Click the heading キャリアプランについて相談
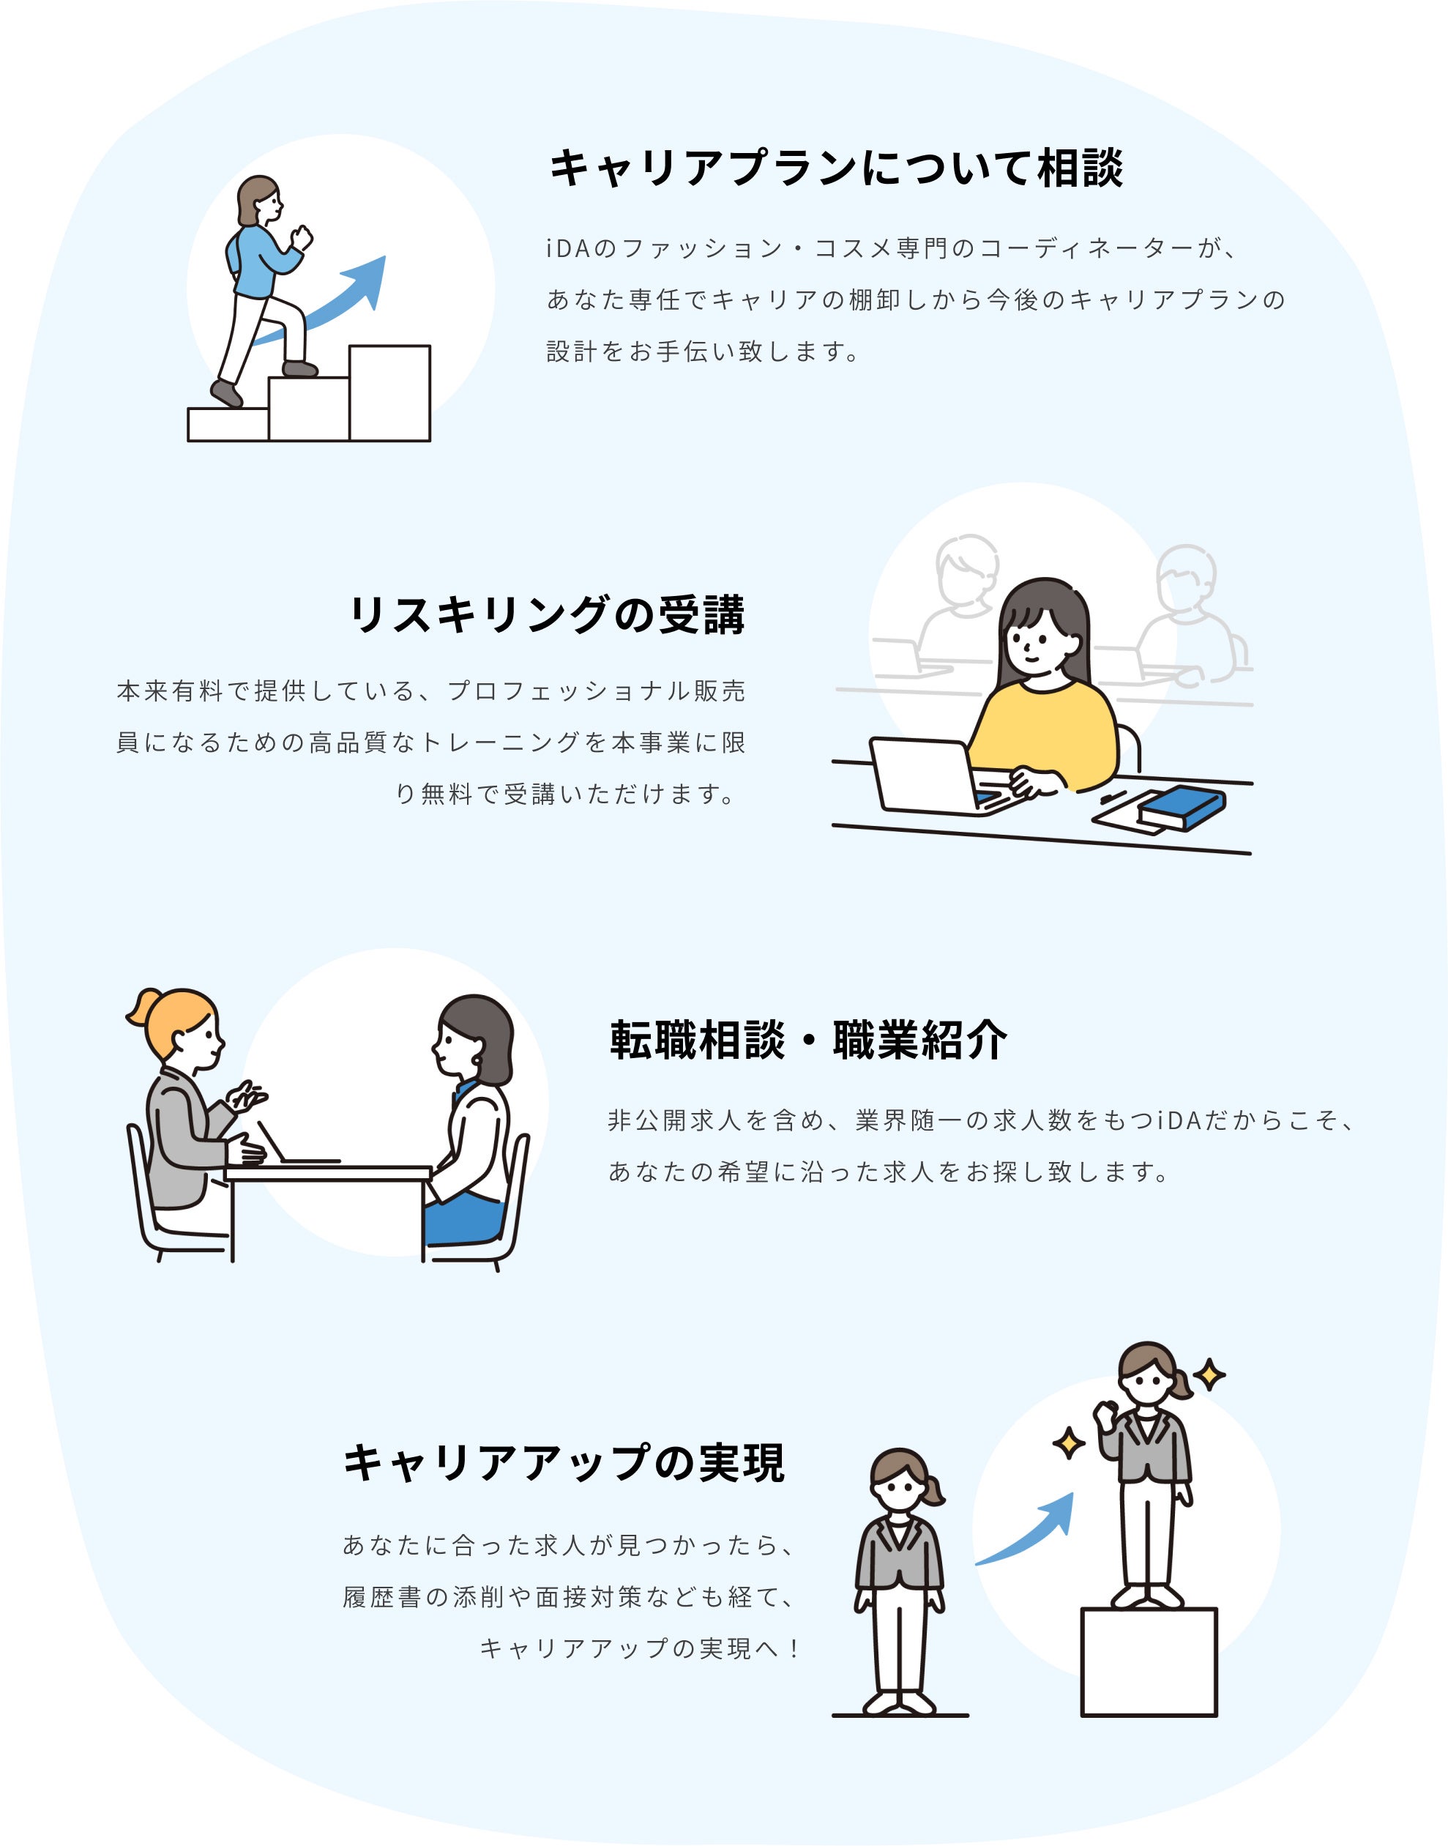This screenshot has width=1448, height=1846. tap(836, 168)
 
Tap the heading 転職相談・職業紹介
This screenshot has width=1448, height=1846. tap(808, 1040)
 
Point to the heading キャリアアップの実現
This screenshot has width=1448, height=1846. tap(564, 1464)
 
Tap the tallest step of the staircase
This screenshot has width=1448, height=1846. tap(389, 392)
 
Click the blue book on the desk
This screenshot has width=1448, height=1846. tap(1182, 806)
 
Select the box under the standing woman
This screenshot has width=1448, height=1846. tap(1148, 1662)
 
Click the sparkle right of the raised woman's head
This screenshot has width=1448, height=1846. tap(1209, 1374)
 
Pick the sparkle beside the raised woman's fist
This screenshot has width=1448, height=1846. tap(1068, 1443)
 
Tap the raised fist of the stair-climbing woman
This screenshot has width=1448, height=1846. tap(301, 238)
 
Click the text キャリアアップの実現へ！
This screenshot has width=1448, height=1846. tap(639, 1648)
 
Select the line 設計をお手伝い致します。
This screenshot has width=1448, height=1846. tap(703, 351)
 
